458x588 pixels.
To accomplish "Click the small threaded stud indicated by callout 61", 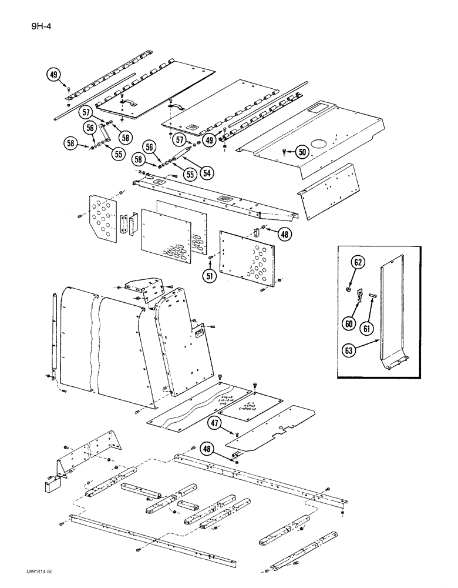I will (372, 295).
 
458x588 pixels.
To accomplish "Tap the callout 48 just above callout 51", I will (285, 234).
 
